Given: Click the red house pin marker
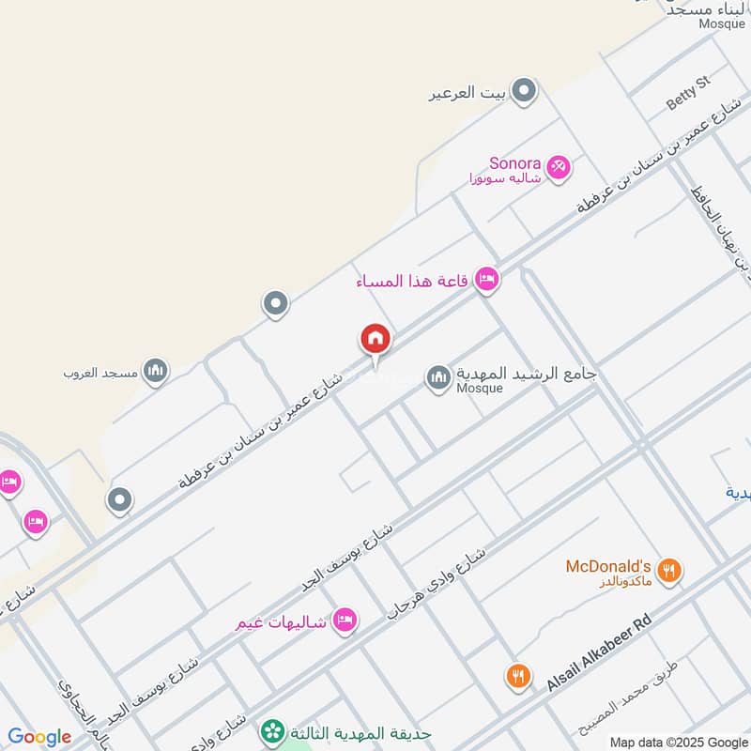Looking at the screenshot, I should coord(375,340).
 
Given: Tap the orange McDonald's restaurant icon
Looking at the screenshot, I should coord(668,570).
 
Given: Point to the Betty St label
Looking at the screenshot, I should coord(689,91).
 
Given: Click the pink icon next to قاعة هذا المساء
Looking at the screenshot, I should coord(485,279).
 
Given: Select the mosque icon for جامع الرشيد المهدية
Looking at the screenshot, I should coord(438,378).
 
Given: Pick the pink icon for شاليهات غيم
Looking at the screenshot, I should coord(345,621).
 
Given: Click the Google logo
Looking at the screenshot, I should coord(39,737).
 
